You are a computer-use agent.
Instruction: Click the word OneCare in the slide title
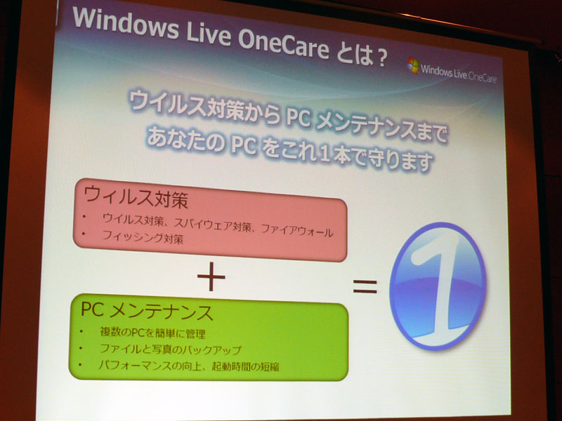284,44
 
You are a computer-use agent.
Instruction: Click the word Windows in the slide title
126,22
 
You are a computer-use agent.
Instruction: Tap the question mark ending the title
381,58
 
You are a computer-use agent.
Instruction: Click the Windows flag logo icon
413,65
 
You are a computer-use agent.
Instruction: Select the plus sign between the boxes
211,276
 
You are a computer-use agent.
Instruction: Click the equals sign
365,286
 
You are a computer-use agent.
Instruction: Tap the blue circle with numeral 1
438,286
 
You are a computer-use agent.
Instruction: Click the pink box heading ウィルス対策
136,198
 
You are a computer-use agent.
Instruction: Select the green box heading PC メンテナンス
147,310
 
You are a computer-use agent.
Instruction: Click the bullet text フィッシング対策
143,236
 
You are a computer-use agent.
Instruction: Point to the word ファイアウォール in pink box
297,231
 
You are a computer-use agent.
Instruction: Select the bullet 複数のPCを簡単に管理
152,333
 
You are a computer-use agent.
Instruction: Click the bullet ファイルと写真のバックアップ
171,349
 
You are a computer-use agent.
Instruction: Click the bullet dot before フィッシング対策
84,234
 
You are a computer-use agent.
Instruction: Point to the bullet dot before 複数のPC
81,331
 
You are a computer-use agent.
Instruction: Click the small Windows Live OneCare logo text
459,74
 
